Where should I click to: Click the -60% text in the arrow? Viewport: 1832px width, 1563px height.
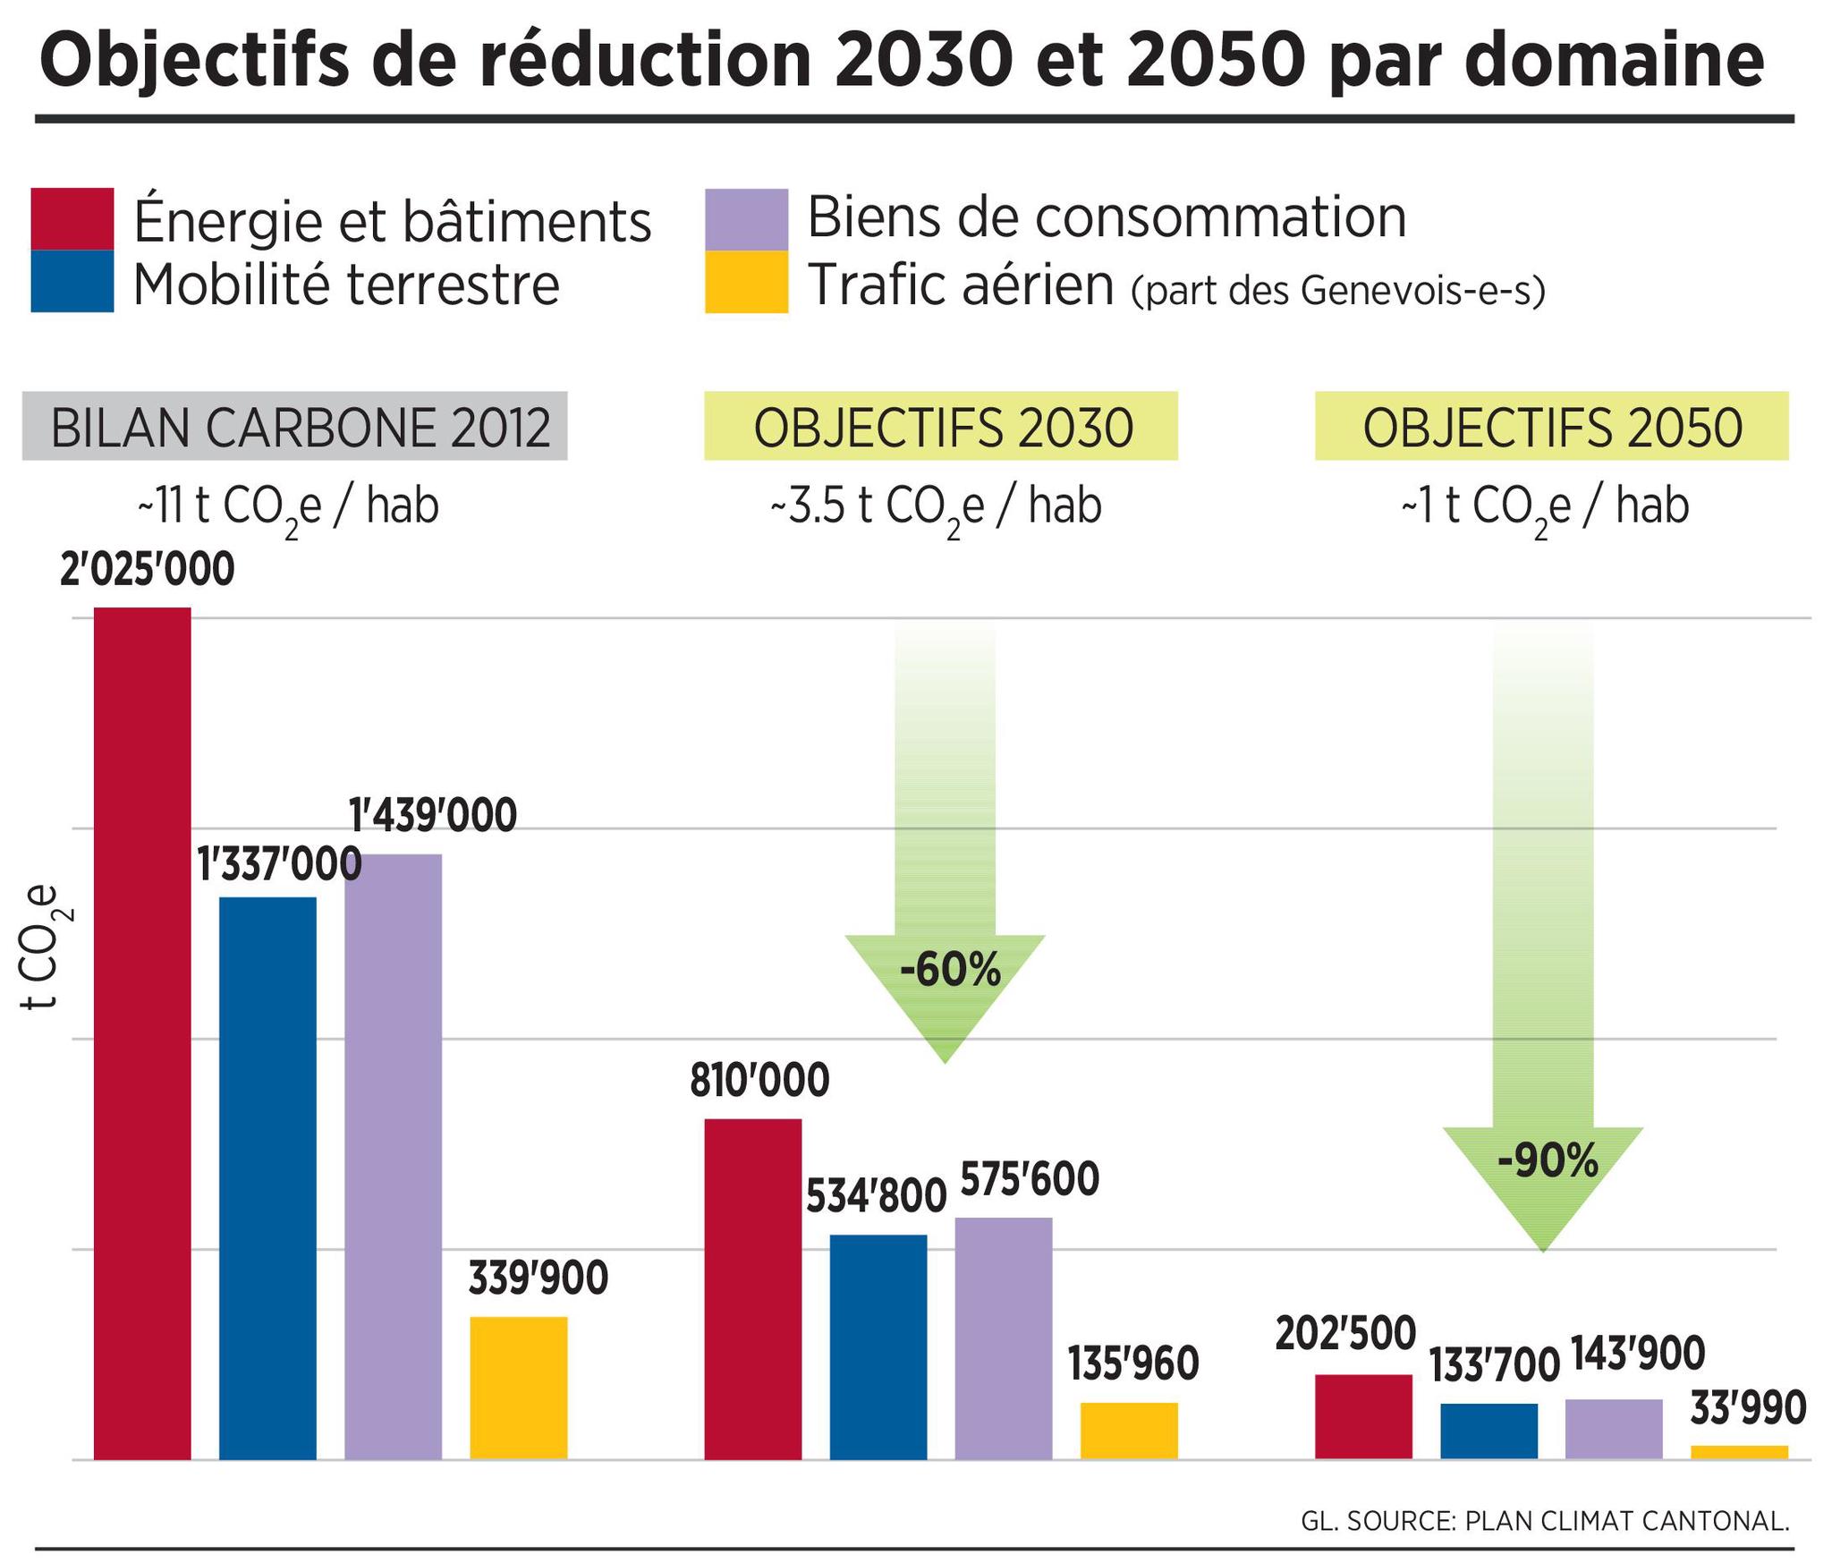pyautogui.click(x=949, y=971)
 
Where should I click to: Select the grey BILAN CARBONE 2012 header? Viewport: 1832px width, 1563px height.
pyautogui.click(x=294, y=427)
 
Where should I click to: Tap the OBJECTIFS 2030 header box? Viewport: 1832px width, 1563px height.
pyautogui.click(x=940, y=427)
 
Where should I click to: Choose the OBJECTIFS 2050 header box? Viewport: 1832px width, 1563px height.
pyautogui.click(x=1551, y=427)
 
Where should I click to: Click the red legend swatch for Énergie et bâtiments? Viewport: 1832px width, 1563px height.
pyautogui.click(x=72, y=218)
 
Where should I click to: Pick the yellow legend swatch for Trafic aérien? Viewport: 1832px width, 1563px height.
pyautogui.click(x=746, y=282)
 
